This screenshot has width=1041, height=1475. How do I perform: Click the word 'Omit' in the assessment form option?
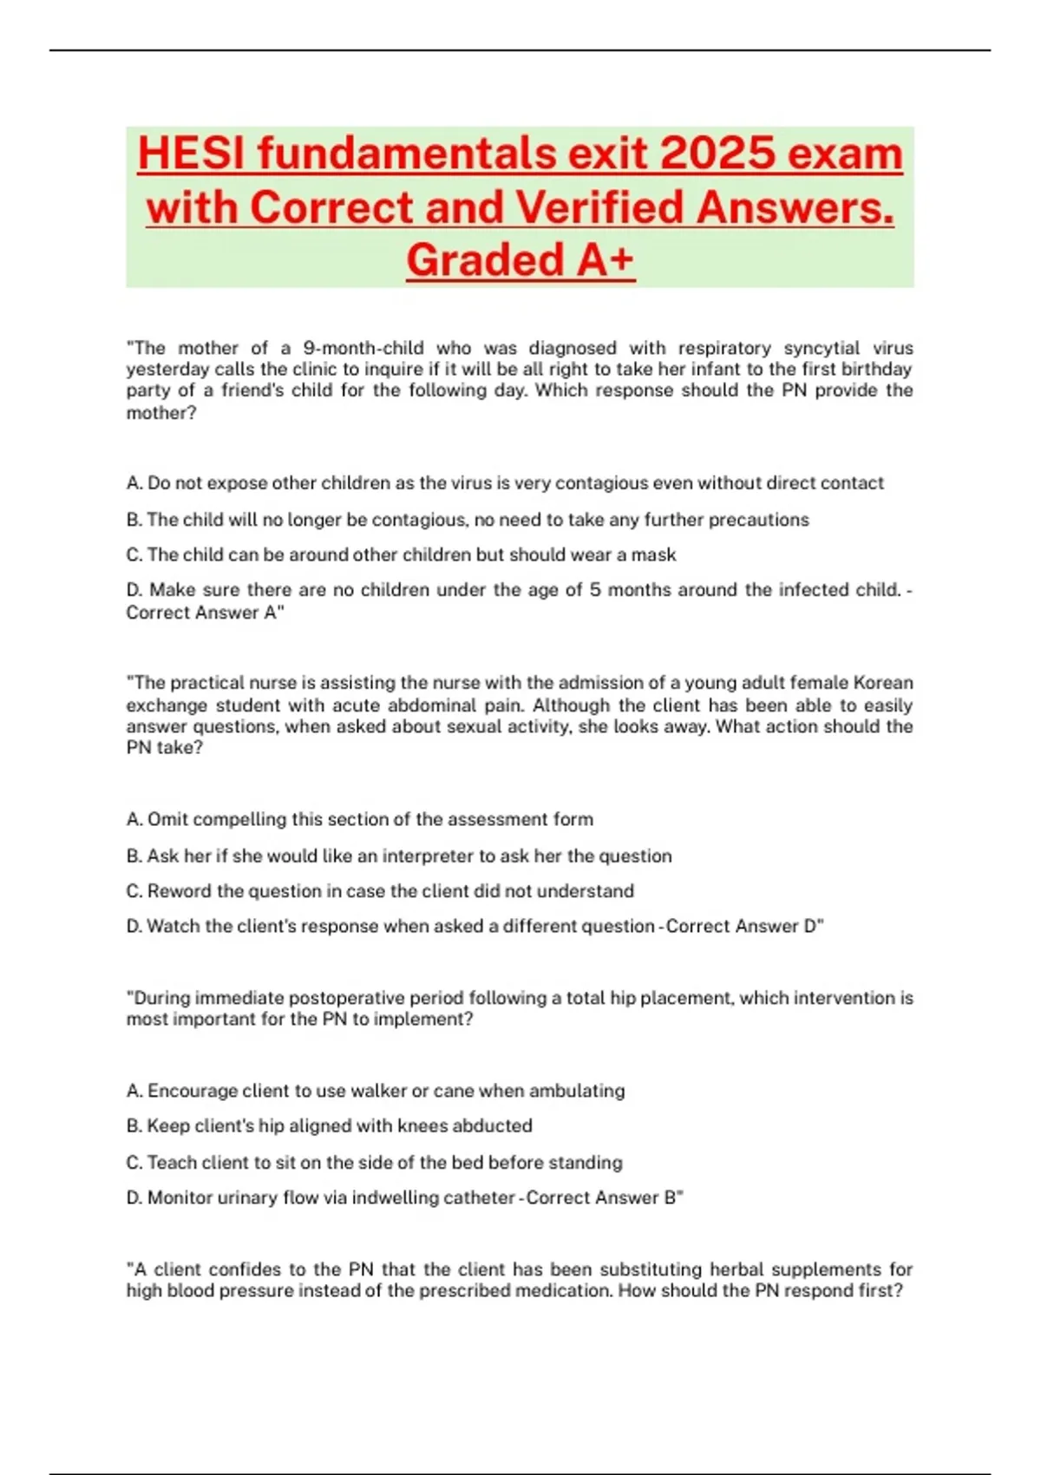167,819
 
